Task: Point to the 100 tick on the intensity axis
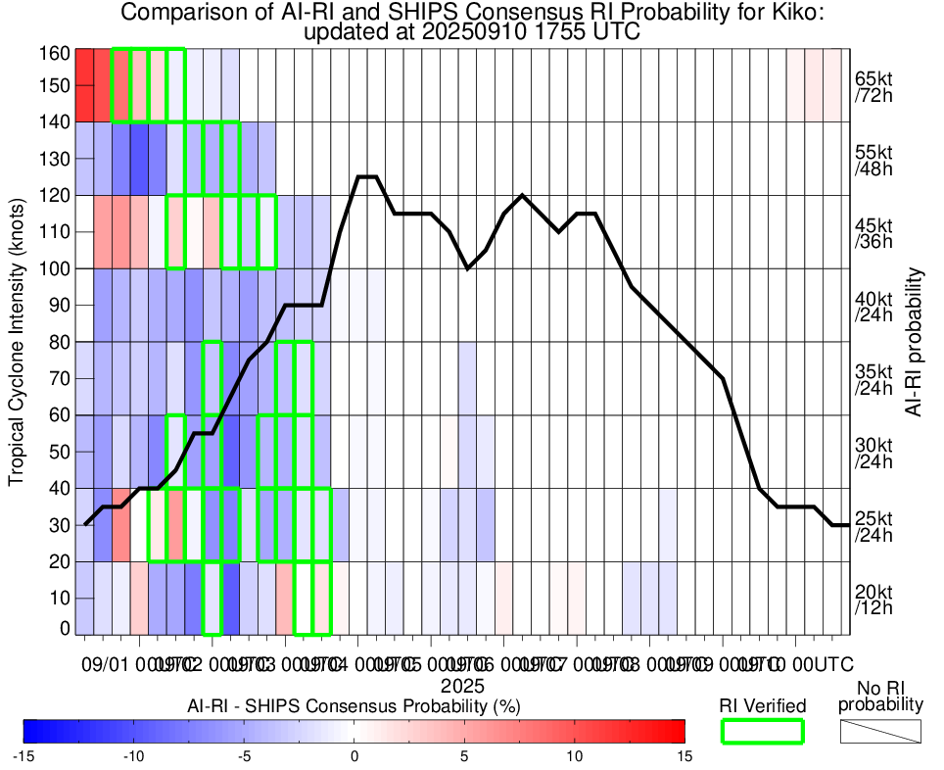(x=53, y=268)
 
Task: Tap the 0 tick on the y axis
(x=65, y=628)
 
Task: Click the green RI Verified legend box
(x=762, y=731)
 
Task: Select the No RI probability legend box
(x=881, y=731)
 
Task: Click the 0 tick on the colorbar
(x=354, y=755)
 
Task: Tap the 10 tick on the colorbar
(x=574, y=755)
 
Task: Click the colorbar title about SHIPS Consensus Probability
(x=354, y=705)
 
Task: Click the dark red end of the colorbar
(x=676, y=731)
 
